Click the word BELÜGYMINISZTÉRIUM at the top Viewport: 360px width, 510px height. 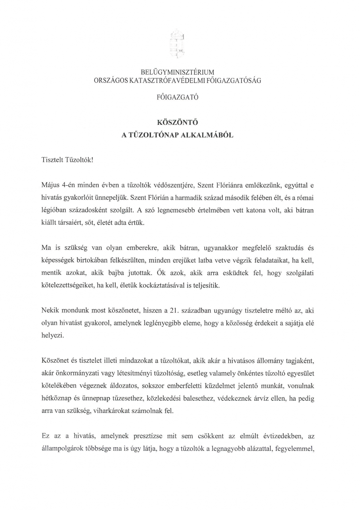[x=178, y=72]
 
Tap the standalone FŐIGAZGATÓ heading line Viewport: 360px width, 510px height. [x=178, y=98]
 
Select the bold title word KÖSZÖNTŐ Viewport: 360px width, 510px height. [x=178, y=122]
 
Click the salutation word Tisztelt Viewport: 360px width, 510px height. [x=52, y=160]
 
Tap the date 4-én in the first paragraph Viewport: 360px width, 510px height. [x=70, y=185]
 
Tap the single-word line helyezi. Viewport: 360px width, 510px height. [x=52, y=336]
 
